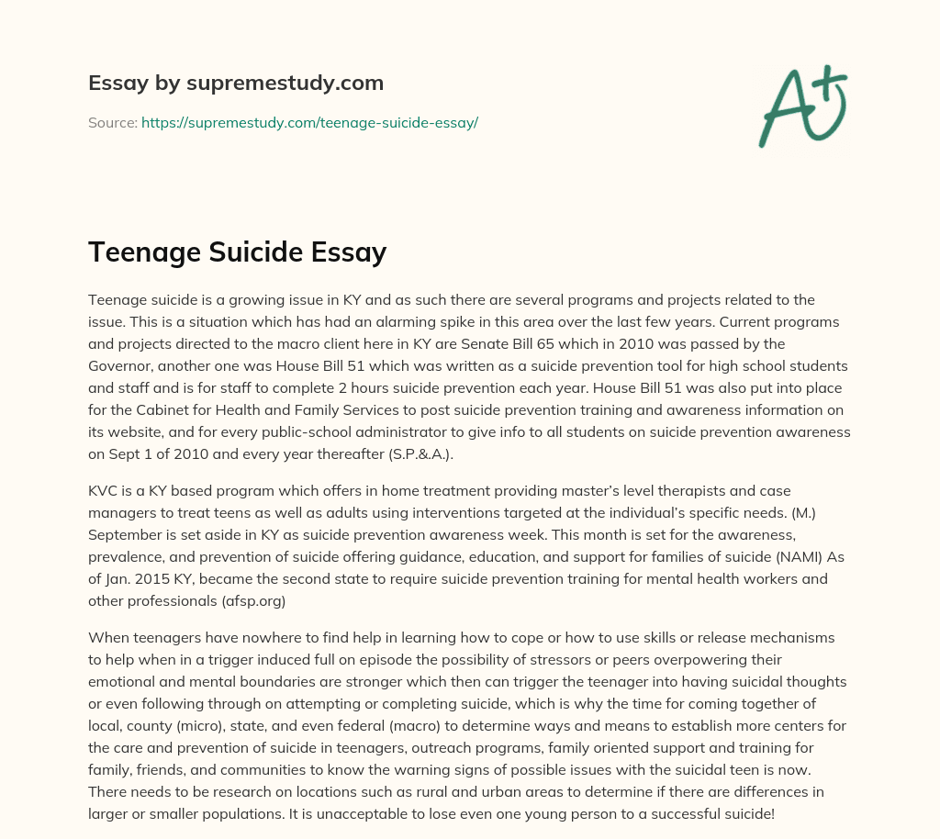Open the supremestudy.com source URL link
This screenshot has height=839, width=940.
point(309,122)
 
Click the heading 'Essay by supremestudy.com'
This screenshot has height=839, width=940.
point(236,84)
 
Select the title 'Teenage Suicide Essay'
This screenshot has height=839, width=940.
point(237,252)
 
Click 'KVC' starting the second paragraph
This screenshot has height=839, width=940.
point(104,490)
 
